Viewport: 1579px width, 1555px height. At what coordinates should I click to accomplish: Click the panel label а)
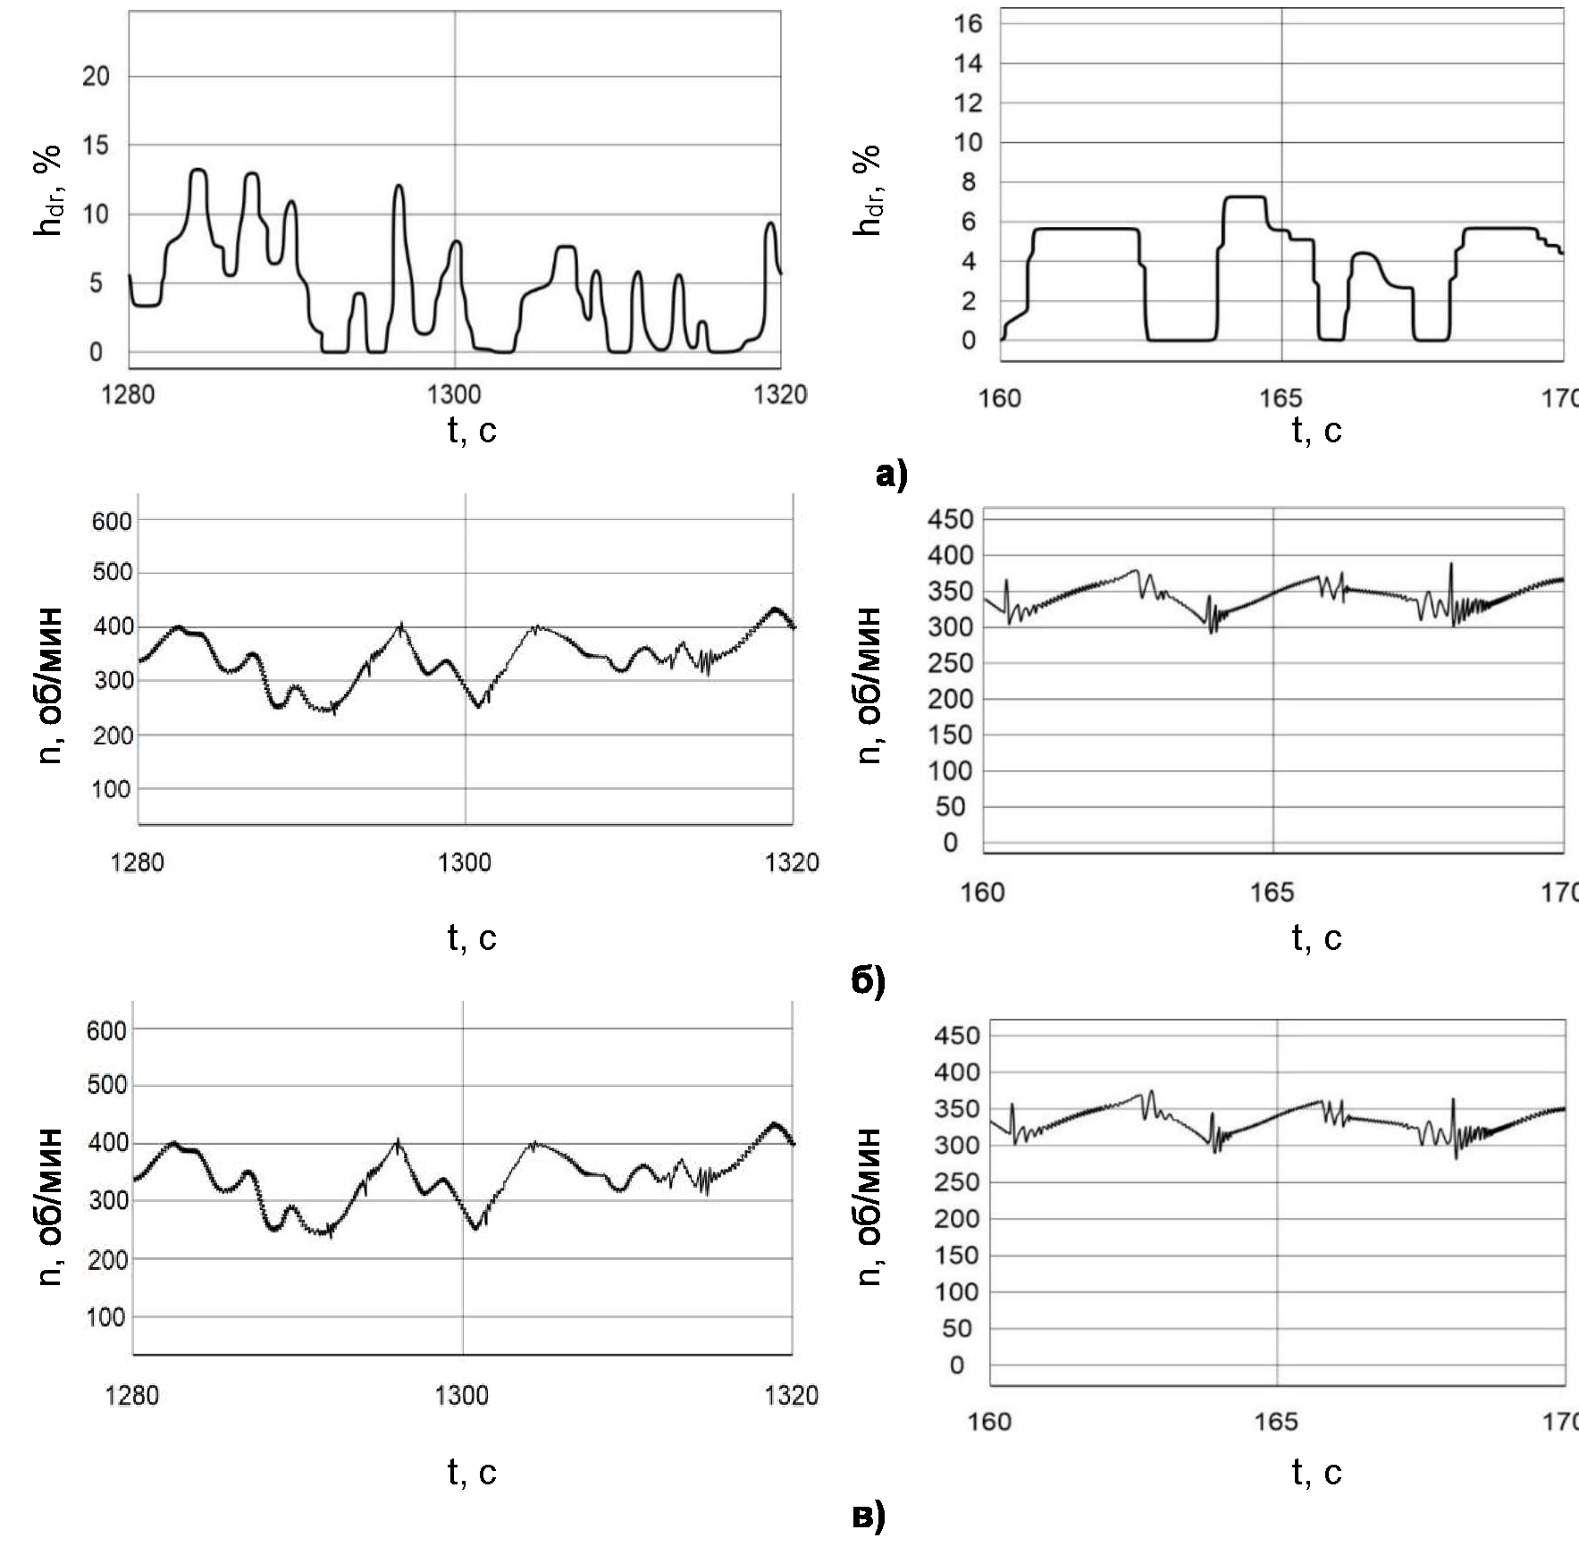891,475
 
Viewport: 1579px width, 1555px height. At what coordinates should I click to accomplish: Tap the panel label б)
868,981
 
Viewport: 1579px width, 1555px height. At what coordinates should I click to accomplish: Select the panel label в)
868,1516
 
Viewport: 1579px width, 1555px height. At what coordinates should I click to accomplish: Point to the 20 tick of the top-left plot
96,77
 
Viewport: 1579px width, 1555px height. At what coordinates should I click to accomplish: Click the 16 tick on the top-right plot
968,24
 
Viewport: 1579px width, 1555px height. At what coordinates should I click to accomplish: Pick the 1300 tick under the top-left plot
454,394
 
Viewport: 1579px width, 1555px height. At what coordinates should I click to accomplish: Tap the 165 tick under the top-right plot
1281,399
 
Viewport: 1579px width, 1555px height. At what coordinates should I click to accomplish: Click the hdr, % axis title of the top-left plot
50,190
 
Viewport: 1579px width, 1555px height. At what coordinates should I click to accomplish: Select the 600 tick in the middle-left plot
112,521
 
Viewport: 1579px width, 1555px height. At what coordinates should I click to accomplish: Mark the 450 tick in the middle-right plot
950,519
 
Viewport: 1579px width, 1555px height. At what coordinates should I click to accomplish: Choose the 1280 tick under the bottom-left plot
131,1395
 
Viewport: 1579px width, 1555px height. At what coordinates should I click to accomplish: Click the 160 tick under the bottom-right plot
989,1421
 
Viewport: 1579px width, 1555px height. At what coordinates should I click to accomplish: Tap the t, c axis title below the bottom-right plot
1316,1472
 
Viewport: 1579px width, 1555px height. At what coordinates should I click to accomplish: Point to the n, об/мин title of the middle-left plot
52,685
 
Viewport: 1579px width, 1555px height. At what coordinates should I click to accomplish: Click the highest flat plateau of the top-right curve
1245,197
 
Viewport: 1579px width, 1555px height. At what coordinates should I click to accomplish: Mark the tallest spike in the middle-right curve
1451,565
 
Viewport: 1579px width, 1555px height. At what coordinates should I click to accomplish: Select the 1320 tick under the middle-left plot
792,862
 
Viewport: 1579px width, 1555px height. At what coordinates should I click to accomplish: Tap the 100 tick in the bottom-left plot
105,1317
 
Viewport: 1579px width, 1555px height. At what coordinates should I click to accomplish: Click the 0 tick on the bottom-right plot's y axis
957,1366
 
